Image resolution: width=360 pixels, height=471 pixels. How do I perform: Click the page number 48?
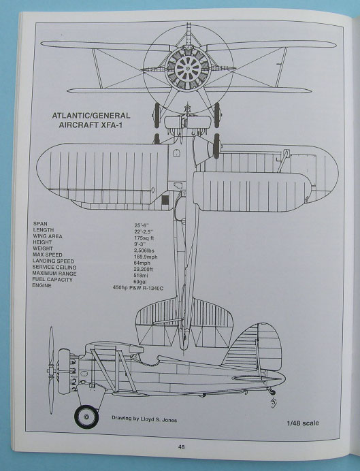181,447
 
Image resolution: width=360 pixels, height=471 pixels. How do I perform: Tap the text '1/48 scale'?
303,423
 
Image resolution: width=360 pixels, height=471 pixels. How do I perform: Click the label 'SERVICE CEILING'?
54,267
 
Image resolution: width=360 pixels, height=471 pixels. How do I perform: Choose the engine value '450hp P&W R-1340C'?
140,288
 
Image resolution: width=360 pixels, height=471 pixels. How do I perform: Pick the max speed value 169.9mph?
146,257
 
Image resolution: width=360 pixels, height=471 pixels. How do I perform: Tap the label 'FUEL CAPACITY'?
52,279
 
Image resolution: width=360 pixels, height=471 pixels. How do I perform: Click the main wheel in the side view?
86,417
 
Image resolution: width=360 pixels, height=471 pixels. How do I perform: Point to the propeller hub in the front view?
188,69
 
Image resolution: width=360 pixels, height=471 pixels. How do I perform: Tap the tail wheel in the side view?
273,392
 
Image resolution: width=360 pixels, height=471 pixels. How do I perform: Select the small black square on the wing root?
165,199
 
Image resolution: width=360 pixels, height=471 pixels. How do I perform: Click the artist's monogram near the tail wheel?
273,402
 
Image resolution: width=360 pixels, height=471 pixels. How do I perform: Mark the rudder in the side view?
269,348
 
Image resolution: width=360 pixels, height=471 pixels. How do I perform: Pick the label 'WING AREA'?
48,236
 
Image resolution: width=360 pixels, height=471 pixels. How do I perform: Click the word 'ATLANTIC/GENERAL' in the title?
91,116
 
